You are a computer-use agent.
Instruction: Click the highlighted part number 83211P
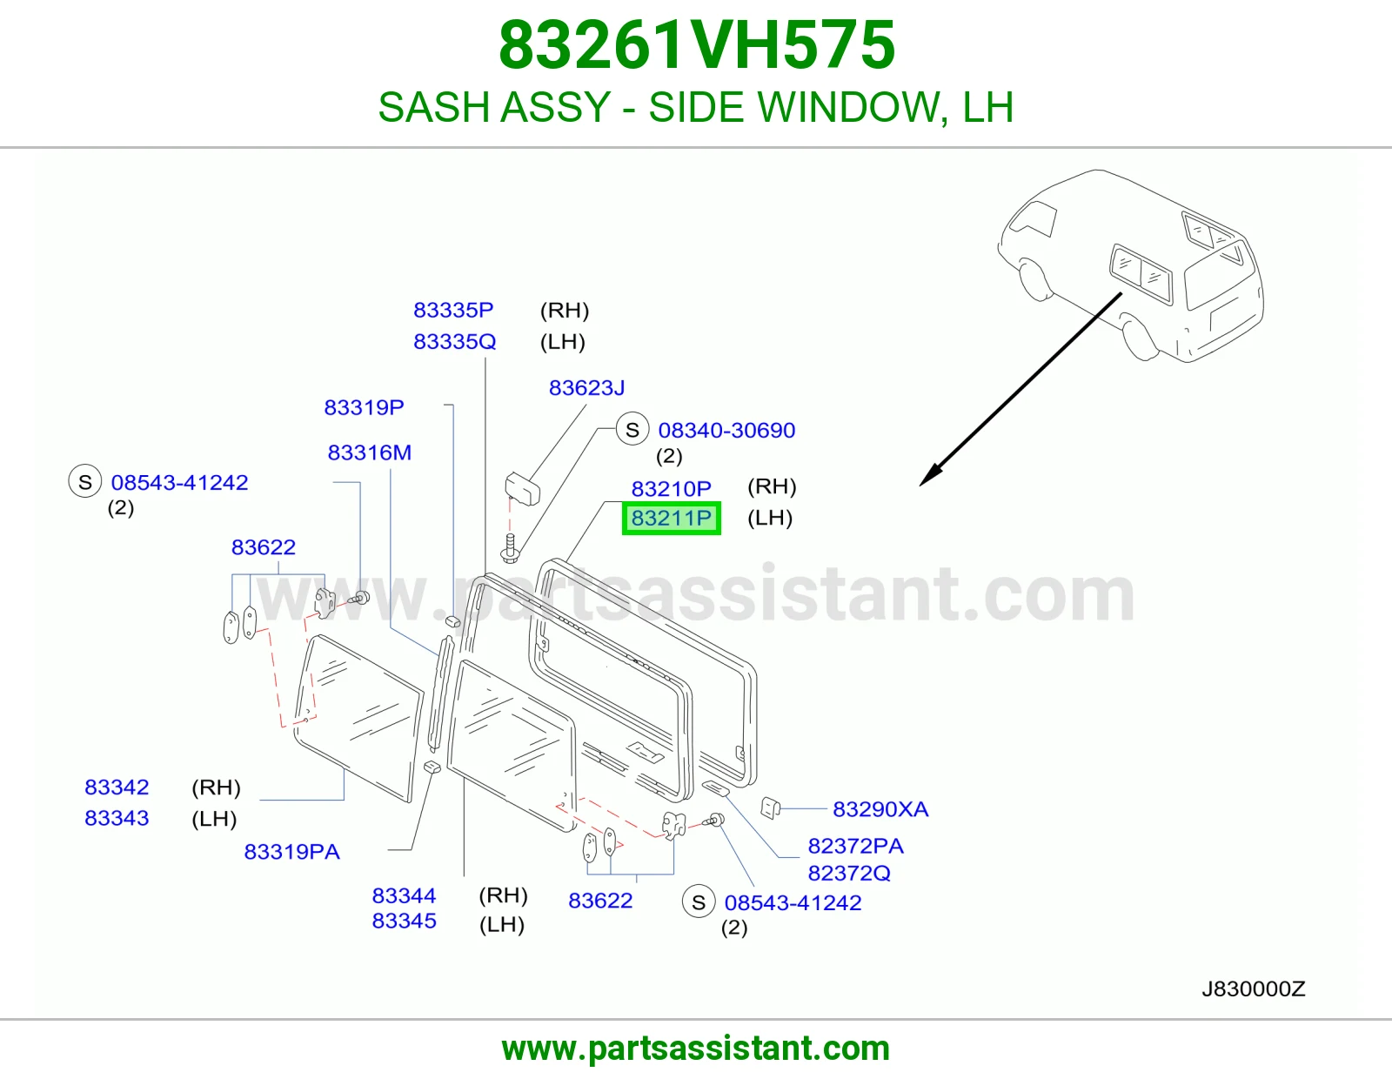coord(671,518)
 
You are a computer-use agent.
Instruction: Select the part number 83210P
coord(671,489)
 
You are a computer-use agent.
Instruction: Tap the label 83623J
coord(586,387)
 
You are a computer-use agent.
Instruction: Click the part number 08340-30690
coord(726,430)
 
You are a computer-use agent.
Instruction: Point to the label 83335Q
coord(454,341)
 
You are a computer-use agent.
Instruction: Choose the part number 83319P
coord(364,407)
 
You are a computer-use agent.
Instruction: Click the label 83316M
coord(369,453)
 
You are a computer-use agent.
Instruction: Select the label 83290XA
coord(880,809)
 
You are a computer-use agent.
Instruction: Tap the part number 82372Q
coord(849,874)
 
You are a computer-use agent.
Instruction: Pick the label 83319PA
coord(291,852)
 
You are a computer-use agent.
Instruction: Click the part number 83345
coord(404,921)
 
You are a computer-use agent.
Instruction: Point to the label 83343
coord(117,818)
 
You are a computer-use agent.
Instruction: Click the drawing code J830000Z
coord(1253,989)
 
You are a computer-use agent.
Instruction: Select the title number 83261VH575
coord(696,45)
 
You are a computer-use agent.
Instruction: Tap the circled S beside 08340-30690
coord(632,429)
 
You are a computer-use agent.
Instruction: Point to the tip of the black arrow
coord(920,486)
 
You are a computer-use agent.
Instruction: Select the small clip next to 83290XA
coord(770,808)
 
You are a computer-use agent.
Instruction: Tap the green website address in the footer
coord(696,1049)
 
